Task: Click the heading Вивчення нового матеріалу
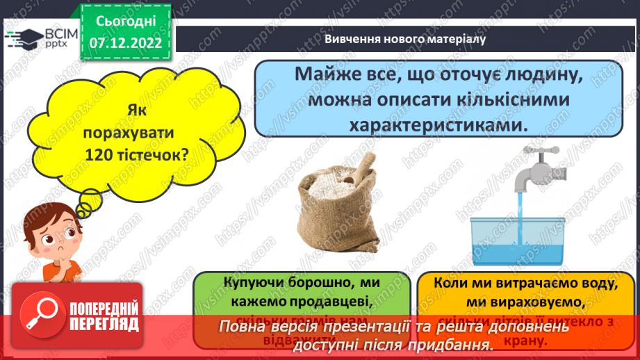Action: (404, 39)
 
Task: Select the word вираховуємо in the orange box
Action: (532, 303)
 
